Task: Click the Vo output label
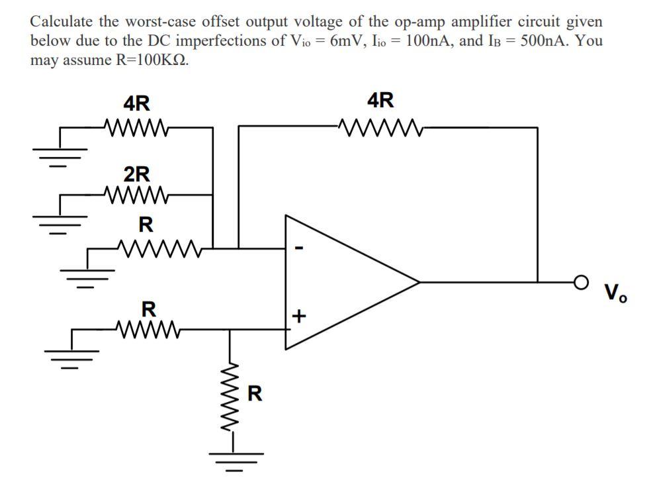[615, 291]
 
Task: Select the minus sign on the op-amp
[298, 249]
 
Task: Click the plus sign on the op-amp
[298, 317]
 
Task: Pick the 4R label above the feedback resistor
[380, 101]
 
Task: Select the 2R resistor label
[137, 174]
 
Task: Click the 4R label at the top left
[137, 103]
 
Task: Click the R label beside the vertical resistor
[254, 394]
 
